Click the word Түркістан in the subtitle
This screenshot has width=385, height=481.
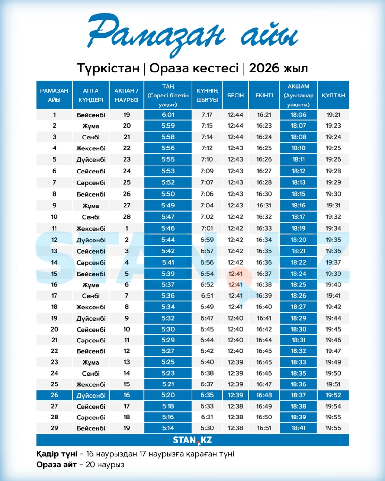[108, 68]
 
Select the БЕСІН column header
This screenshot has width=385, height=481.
[235, 95]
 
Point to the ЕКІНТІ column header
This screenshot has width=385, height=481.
[264, 95]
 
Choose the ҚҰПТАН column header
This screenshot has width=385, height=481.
[333, 95]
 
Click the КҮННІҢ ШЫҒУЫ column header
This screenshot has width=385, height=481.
[207, 95]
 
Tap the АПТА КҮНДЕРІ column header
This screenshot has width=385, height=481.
[91, 95]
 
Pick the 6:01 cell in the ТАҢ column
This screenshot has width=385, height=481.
[168, 115]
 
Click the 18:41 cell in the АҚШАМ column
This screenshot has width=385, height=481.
[298, 428]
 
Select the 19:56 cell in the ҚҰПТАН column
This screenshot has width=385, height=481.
[333, 428]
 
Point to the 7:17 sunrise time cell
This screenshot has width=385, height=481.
[207, 115]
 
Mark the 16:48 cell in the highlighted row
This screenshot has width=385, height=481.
[264, 395]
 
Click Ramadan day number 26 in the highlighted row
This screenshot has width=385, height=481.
[54, 395]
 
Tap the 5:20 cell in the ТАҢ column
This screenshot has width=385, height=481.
[168, 395]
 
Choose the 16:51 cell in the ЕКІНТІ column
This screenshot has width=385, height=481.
[264, 428]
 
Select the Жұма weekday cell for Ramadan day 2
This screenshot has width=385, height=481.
[91, 126]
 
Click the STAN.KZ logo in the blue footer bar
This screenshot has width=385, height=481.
[193, 440]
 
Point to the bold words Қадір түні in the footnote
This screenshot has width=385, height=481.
[57, 454]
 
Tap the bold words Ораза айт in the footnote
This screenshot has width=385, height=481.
[56, 465]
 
